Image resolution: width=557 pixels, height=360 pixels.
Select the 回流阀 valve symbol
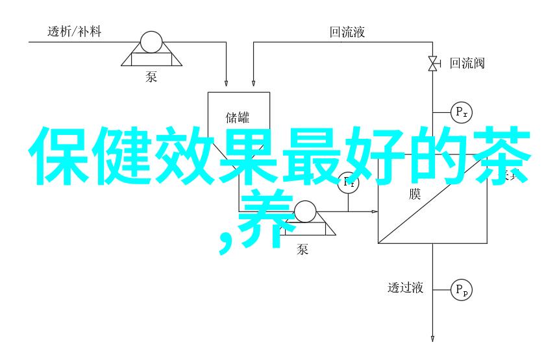pos(432,64)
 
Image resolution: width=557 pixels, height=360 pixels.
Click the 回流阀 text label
pos(467,64)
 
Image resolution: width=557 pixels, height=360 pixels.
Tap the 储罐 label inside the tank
pos(238,117)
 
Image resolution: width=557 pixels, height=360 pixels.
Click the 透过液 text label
pos(406,288)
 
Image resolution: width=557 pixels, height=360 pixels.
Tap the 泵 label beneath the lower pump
pos(303,248)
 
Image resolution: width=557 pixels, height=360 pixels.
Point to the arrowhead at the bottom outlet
pos(432,338)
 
